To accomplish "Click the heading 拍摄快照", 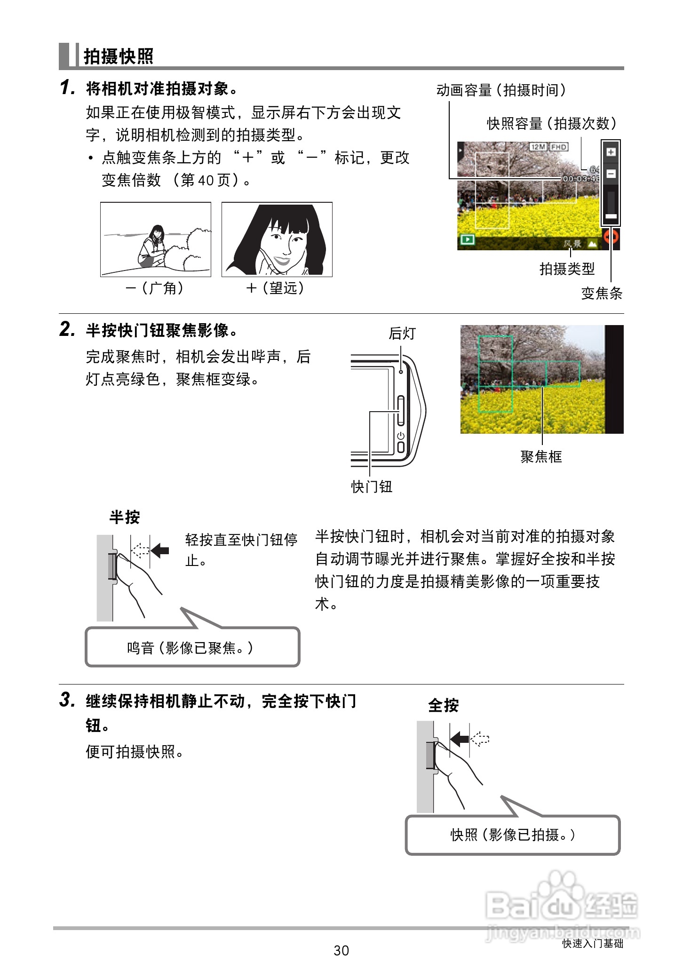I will pos(118,56).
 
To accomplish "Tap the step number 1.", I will pos(67,88).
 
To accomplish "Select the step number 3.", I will pos(67,700).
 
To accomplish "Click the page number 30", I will pos(341,950).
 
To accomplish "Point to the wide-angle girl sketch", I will pos(155,239).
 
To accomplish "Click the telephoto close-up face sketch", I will pos(277,239).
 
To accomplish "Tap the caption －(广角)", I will pos(155,288).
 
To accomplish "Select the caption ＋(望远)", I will pos(276,288).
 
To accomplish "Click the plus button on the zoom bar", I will pos(611,152).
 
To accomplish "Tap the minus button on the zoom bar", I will pos(611,174).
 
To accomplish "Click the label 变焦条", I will pos(601,294).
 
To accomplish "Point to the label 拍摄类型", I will pos(567,269).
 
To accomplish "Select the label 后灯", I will pos(402,333).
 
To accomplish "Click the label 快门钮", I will pos(371,486).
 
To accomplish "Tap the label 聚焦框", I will pos(541,456).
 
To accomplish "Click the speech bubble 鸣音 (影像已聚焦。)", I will pos(192,648).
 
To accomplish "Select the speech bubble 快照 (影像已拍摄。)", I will pos(512,835).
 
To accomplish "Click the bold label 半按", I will pos(124,517).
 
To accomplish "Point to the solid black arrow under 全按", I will pos(459,739).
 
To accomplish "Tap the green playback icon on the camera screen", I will pos(467,239).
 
